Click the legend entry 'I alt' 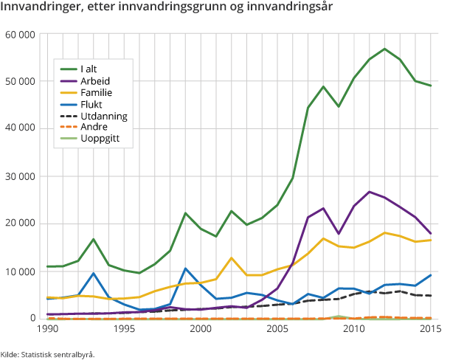(89, 69)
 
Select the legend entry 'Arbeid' (95, 80)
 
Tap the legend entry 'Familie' (96, 92)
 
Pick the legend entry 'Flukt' (91, 104)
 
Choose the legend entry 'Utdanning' (103, 116)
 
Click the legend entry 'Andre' (93, 128)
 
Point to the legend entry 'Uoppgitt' (100, 139)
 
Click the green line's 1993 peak (93, 239)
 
